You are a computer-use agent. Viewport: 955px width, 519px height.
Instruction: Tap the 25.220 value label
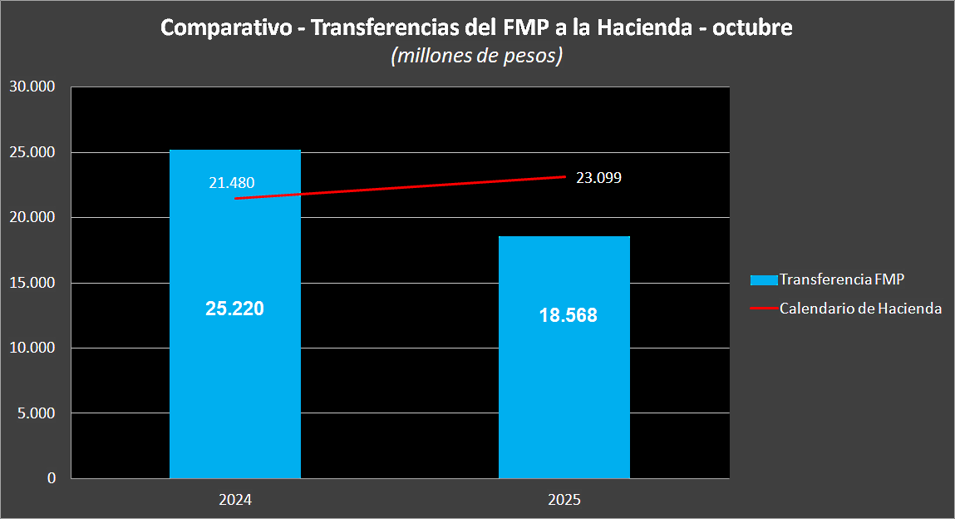pyautogui.click(x=234, y=309)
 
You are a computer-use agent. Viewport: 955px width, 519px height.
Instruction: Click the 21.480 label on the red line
pyautogui.click(x=231, y=183)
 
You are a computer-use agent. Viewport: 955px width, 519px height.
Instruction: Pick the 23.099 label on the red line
pyautogui.click(x=598, y=177)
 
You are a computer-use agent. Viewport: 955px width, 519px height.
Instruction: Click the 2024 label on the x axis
pyautogui.click(x=235, y=501)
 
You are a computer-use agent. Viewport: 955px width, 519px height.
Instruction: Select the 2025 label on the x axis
pyautogui.click(x=564, y=501)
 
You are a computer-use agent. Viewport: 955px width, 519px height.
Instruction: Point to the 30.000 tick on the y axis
pyautogui.click(x=32, y=86)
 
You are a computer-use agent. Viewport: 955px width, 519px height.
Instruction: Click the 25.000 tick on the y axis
pyautogui.click(x=32, y=152)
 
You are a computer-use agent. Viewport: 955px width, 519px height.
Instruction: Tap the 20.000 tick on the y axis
pyautogui.click(x=32, y=217)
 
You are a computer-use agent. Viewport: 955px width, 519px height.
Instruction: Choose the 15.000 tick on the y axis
pyautogui.click(x=32, y=283)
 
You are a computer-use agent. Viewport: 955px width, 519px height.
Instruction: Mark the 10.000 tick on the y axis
pyautogui.click(x=32, y=348)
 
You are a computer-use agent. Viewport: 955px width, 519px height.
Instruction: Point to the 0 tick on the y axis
pyautogui.click(x=52, y=478)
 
